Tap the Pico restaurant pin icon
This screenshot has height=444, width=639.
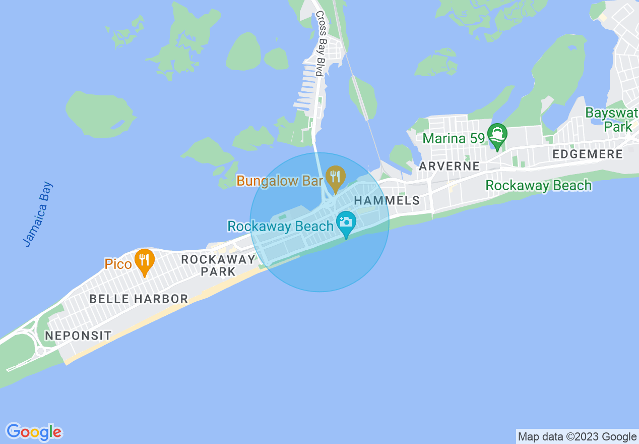tap(145, 260)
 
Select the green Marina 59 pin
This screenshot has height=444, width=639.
tap(497, 135)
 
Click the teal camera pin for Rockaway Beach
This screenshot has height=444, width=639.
tap(346, 223)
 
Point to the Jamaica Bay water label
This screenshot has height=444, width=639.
tap(38, 214)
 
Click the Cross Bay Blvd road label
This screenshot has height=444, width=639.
tap(320, 44)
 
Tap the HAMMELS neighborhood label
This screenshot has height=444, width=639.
tap(387, 200)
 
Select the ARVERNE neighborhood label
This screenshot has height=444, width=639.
tap(449, 166)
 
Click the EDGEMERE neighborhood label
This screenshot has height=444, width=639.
tap(588, 154)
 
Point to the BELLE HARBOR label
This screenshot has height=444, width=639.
tap(139, 299)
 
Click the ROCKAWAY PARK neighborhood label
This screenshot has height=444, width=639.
tap(218, 265)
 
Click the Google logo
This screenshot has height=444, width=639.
tap(34, 432)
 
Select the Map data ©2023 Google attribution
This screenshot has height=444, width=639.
tap(578, 437)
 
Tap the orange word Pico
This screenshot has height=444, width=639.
tap(118, 263)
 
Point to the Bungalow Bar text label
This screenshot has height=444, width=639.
tap(280, 181)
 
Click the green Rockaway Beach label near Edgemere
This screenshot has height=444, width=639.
tap(538, 185)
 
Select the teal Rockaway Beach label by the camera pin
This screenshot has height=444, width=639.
tap(280, 226)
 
